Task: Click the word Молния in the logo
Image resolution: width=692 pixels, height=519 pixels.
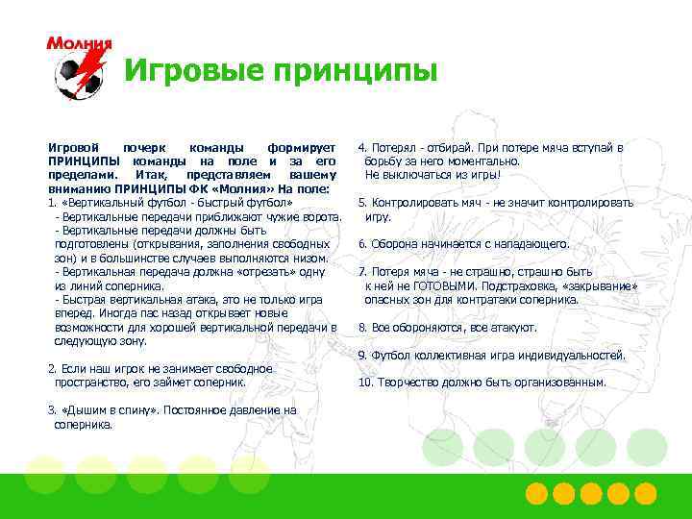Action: (79, 43)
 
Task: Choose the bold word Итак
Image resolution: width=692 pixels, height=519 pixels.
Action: (151, 176)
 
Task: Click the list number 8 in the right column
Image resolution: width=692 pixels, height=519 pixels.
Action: (361, 327)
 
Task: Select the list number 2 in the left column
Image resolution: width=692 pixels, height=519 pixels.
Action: (51, 369)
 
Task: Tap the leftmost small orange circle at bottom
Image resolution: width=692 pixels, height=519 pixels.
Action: (537, 494)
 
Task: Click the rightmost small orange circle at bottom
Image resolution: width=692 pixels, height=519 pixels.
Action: (646, 494)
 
